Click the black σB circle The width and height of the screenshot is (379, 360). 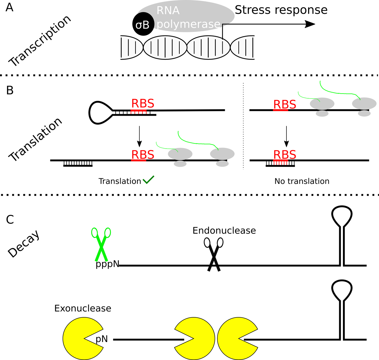(143, 25)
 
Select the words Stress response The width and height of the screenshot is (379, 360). (281, 10)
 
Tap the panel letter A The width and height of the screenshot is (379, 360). (9, 7)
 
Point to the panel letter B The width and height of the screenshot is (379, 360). (10, 90)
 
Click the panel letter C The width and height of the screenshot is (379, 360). (10, 219)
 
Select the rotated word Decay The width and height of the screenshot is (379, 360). (24, 244)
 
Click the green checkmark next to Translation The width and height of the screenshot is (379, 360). (148, 180)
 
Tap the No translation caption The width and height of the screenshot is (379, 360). (302, 181)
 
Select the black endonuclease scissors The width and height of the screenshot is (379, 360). (214, 254)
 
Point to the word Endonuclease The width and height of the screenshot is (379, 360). (224, 230)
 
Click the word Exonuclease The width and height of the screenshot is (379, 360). (83, 308)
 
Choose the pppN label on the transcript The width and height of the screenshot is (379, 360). (107, 264)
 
